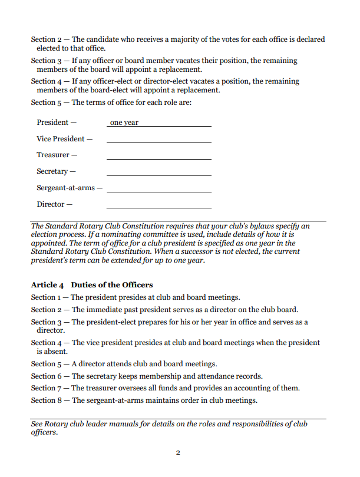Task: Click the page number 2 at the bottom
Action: (x=178, y=452)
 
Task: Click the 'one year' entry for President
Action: (x=124, y=123)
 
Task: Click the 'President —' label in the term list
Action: (x=57, y=122)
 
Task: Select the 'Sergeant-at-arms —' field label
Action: (x=70, y=188)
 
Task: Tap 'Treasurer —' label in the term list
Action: (x=57, y=155)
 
